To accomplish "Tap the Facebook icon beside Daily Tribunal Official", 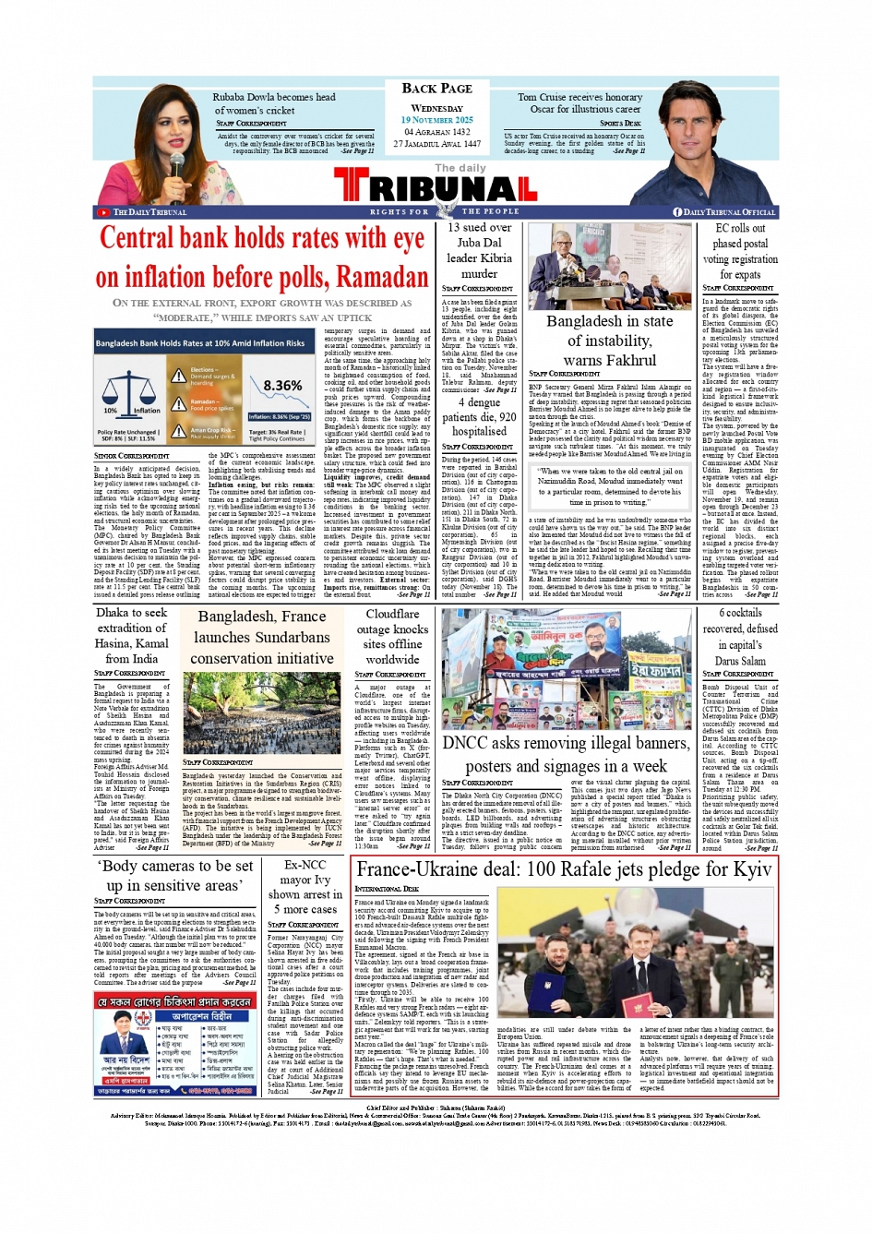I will coord(677,212).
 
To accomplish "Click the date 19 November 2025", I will coord(436,120).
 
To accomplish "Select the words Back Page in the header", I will coord(436,89).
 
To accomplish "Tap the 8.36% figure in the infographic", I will coord(282,386).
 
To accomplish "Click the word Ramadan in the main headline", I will coord(376,278).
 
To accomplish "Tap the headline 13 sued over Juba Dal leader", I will coord(479,250).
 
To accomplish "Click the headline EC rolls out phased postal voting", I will coord(740,251).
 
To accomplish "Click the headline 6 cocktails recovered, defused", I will coord(740,637).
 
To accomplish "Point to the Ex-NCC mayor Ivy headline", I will coord(305,880).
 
